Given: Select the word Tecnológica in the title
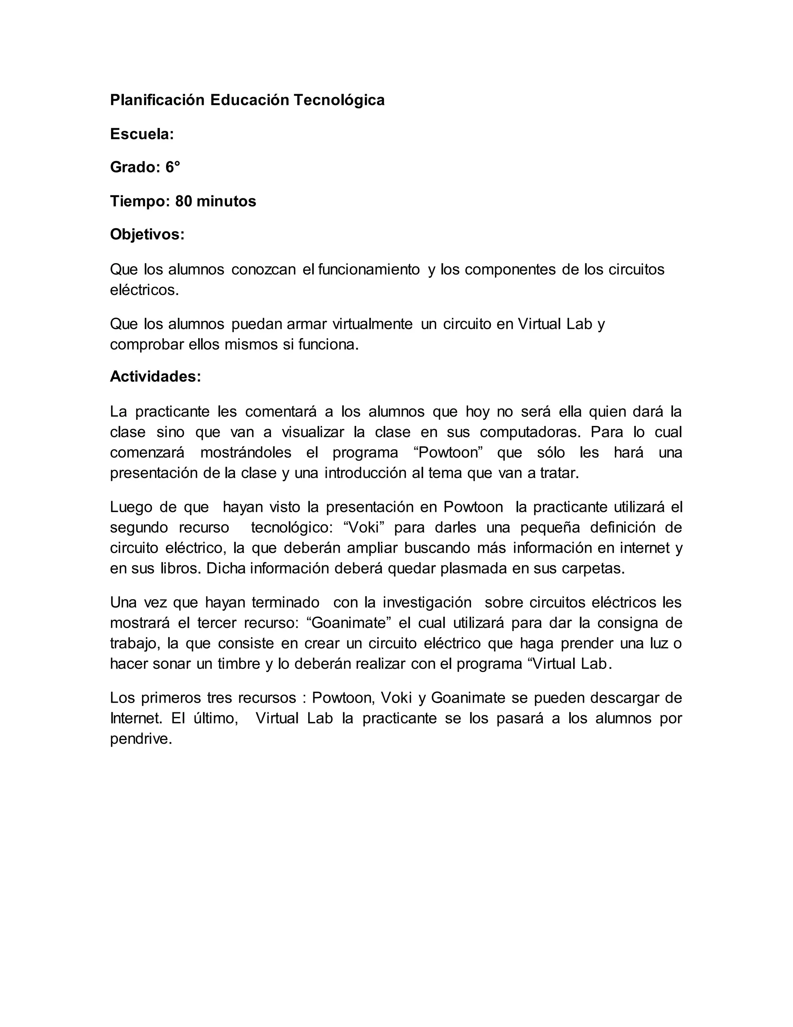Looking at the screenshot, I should pos(339,100).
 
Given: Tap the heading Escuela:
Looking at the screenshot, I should pos(142,134).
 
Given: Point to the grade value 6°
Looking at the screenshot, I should pos(172,167).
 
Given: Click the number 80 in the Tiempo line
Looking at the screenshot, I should pos(184,201).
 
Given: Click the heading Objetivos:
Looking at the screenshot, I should pos(147,234).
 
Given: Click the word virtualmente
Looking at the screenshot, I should pos(372,324).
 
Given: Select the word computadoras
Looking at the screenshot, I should pos(530,432).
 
